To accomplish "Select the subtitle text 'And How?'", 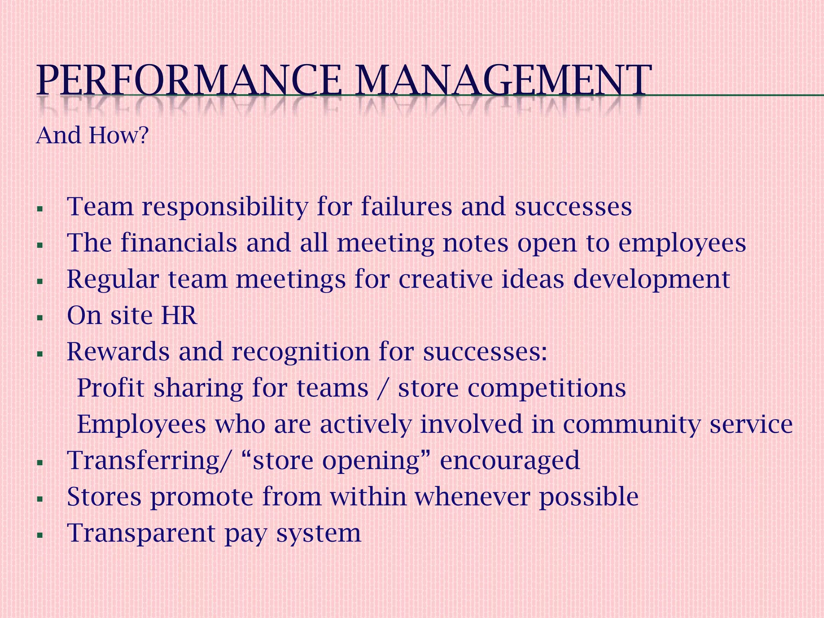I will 93,135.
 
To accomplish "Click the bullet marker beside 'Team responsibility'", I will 39,209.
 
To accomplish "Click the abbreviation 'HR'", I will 179,315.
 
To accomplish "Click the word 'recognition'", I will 300,352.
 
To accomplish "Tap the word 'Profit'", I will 111,388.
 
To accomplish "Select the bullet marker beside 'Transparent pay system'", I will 39,535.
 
